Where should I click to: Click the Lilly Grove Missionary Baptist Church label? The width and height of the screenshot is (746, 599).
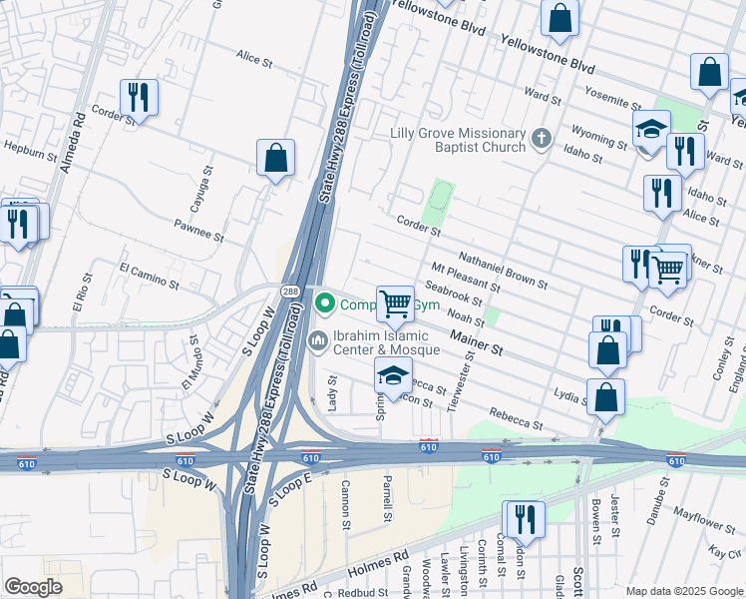[x=458, y=140]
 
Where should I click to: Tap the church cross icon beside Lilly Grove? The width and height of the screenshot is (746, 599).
[x=541, y=138]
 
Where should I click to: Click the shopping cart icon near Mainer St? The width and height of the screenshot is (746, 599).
[x=396, y=303]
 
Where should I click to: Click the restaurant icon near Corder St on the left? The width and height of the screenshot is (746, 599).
[x=138, y=97]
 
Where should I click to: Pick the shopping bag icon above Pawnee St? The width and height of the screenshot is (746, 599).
[x=275, y=158]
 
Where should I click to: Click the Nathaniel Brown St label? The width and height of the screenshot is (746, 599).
[x=506, y=271]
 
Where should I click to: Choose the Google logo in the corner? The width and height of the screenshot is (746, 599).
[x=33, y=586]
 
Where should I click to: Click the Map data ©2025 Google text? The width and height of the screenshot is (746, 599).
[x=684, y=591]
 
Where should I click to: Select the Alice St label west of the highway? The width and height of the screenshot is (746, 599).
[x=254, y=59]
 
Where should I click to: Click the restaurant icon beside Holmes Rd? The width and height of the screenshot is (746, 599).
[x=523, y=519]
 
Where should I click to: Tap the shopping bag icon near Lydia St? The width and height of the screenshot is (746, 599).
[x=605, y=396]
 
